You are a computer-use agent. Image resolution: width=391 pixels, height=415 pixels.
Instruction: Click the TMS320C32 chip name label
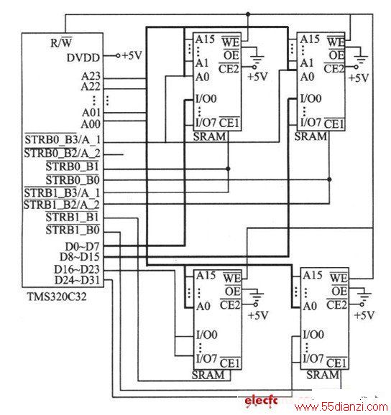click(x=57, y=297)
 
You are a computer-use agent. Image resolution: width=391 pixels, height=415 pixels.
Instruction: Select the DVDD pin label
click(x=83, y=57)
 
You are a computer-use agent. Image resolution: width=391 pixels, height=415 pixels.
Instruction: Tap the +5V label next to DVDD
click(x=132, y=55)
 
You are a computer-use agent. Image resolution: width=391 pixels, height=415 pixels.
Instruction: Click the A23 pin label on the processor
click(x=91, y=76)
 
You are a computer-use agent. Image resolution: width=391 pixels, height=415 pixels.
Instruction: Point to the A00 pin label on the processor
click(x=91, y=124)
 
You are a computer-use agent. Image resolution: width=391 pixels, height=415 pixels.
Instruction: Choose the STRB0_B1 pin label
click(x=73, y=167)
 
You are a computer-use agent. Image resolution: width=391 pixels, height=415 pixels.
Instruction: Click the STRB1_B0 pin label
click(x=73, y=230)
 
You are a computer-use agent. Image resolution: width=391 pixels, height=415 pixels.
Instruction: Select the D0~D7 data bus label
click(x=82, y=247)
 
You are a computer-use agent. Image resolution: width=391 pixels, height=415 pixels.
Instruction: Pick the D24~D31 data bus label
click(x=77, y=280)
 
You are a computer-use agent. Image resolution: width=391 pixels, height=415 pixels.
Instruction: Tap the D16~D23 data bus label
click(x=77, y=269)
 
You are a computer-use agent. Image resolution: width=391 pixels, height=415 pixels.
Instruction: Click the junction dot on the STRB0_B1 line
click(x=228, y=169)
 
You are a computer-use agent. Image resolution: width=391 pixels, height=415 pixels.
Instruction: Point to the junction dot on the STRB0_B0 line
click(x=329, y=179)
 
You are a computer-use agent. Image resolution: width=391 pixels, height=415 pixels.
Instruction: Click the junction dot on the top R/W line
click(x=248, y=14)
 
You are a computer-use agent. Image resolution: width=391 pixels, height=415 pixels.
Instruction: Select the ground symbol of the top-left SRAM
click(x=257, y=59)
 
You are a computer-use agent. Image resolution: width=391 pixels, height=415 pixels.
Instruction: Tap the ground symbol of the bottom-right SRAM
click(x=364, y=296)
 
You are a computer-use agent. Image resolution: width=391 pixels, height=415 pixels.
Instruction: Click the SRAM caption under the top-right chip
click(x=310, y=136)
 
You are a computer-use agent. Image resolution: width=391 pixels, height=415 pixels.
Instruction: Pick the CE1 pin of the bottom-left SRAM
click(x=230, y=363)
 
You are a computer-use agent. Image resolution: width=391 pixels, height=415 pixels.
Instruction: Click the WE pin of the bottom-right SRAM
click(x=339, y=278)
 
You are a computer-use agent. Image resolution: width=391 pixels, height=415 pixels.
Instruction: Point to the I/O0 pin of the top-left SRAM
click(x=206, y=98)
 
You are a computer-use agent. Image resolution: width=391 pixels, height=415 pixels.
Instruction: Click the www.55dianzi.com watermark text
click(x=341, y=407)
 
